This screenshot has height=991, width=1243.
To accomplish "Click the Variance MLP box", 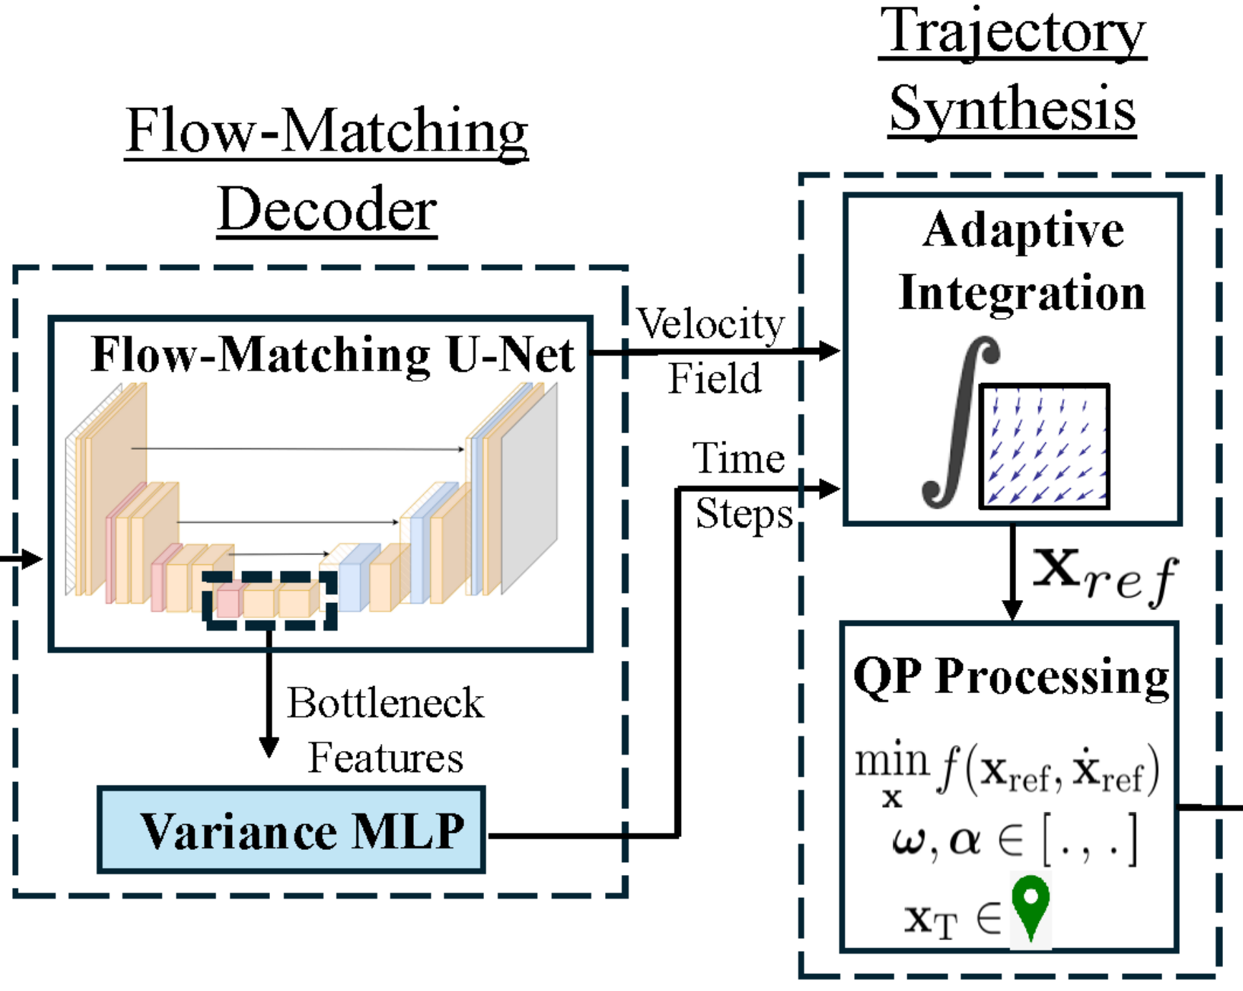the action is [x=291, y=830].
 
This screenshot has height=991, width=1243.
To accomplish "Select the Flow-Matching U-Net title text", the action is [x=333, y=354].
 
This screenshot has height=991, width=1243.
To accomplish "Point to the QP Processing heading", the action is [x=1011, y=676].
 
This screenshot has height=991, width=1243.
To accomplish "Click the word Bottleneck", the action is [x=386, y=702].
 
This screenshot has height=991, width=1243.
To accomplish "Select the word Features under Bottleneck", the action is [x=386, y=758].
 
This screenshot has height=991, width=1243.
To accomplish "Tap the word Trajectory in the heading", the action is [x=1012, y=32].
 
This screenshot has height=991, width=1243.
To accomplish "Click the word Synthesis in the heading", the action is [x=1012, y=108].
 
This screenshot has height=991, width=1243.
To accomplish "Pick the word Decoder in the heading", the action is [x=327, y=209].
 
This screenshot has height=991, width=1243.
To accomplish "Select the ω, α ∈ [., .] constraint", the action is [x=1015, y=840].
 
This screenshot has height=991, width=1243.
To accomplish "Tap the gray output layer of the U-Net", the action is [x=529, y=488].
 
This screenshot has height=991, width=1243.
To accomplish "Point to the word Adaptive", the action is [x=1023, y=231].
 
